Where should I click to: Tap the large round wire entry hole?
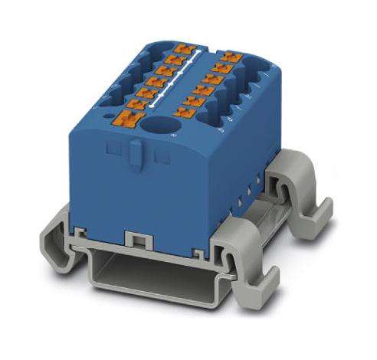162,126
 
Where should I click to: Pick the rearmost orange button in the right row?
228,56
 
